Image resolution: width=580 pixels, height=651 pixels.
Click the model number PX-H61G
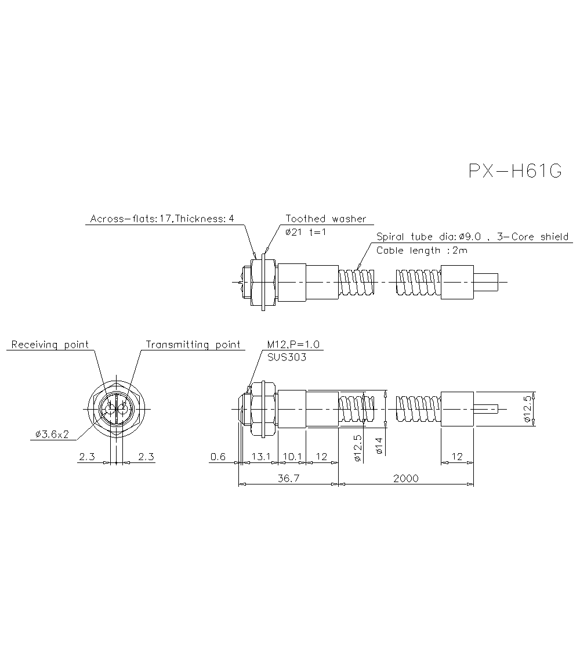[x=515, y=172]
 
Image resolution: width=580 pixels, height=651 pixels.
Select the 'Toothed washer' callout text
[x=326, y=219]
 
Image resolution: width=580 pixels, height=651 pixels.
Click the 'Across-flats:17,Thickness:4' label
[x=162, y=219]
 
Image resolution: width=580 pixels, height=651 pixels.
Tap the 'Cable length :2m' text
[x=422, y=251]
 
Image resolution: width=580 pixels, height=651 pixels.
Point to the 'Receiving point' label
[x=50, y=345]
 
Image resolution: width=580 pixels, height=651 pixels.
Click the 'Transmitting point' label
[x=193, y=345]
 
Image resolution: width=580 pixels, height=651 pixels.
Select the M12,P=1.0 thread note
[x=293, y=345]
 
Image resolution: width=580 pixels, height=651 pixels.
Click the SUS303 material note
[x=287, y=357]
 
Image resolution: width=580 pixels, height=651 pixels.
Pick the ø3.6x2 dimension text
[x=52, y=434]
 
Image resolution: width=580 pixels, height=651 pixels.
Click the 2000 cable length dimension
[x=405, y=479]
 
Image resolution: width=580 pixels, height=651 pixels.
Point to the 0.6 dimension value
[x=218, y=457]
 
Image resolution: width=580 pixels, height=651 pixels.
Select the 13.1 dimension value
[x=261, y=457]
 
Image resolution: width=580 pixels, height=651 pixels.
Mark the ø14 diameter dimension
[x=378, y=445]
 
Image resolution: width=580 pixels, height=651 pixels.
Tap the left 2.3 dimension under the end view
[x=87, y=457]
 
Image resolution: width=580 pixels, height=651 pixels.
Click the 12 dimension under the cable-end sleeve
[x=457, y=457]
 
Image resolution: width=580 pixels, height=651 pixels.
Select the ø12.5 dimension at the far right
[x=527, y=410]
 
